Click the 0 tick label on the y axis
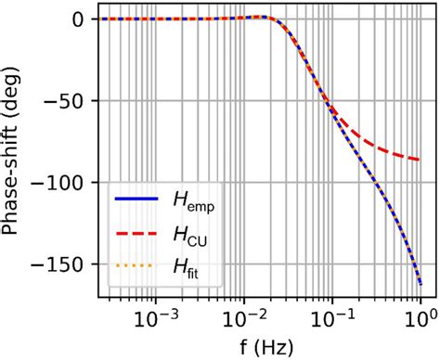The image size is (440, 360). click(x=84, y=19)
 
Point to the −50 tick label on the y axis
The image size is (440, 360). click(x=71, y=101)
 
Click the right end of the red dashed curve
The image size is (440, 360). click(x=421, y=160)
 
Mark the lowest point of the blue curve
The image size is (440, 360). click(x=421, y=284)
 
